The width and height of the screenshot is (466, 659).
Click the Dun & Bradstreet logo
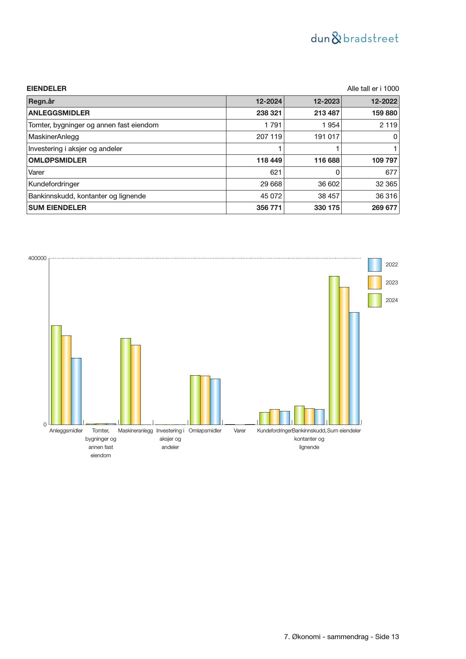click(354, 38)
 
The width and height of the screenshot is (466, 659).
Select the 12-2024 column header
click(268, 101)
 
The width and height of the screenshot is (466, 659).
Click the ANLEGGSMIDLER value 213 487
click(326, 113)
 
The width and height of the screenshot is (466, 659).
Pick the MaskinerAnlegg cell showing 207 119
click(269, 137)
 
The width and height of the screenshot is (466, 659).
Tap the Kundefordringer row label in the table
click(54, 184)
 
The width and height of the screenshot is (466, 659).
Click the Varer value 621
click(276, 172)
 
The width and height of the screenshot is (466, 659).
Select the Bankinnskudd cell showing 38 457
click(326, 196)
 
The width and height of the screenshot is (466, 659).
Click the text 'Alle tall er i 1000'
click(372, 89)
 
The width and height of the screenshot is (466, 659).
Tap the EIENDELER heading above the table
click(47, 89)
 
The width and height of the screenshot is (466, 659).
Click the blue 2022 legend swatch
click(374, 265)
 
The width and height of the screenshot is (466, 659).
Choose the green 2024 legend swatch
click(374, 301)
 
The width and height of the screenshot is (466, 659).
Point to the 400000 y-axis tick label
click(38, 258)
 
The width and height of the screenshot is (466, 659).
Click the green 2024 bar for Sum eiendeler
click(334, 350)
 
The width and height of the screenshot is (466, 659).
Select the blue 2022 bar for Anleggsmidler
click(76, 391)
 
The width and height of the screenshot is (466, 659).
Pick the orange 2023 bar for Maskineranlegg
click(136, 385)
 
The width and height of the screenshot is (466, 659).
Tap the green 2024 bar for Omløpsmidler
click(195, 400)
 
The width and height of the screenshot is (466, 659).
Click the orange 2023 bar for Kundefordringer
click(274, 417)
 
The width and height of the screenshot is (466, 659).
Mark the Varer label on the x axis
click(240, 431)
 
